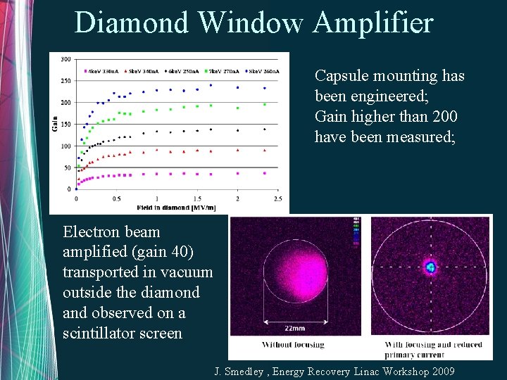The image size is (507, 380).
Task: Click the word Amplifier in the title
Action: click(373, 23)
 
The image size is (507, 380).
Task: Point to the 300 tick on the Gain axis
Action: click(65, 58)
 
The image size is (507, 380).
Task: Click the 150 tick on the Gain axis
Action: click(65, 124)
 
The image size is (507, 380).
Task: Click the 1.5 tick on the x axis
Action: click(197, 199)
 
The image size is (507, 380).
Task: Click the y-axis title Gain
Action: click(55, 124)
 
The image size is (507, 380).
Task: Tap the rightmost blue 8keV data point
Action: click(264, 88)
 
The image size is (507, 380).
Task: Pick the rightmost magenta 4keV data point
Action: click(264, 173)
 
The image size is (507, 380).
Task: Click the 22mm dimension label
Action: click(294, 327)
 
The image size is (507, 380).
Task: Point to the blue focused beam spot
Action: click(430, 267)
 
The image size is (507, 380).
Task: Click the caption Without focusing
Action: click(293, 345)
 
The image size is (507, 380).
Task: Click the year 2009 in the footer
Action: click(439, 371)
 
